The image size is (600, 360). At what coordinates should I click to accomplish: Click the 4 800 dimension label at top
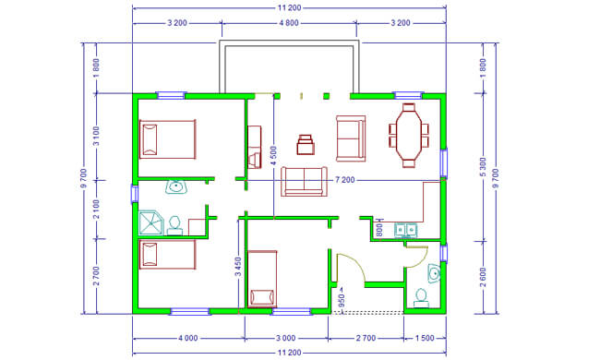point(289,23)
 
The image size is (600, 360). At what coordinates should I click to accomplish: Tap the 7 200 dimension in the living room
point(345,180)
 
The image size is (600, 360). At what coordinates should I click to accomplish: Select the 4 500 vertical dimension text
point(273,156)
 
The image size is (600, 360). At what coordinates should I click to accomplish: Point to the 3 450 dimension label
point(238,267)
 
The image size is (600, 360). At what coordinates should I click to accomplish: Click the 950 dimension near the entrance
point(342,300)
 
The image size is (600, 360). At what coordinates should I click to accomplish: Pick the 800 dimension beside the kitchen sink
point(379,230)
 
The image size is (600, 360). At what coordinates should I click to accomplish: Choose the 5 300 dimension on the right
point(483,167)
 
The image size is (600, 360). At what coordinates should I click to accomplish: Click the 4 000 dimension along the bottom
point(188,338)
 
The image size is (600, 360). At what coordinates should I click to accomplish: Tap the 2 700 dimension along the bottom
point(366,338)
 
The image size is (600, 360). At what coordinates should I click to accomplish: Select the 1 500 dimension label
point(425,338)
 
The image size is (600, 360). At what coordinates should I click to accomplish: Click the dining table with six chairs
point(409,136)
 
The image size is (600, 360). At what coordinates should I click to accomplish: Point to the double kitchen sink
point(405,230)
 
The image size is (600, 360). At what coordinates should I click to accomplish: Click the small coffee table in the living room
point(306,145)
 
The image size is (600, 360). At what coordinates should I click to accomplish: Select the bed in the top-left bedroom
point(168,139)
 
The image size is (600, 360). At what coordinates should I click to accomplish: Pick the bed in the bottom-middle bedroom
point(262,279)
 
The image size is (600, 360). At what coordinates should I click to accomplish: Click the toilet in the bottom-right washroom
point(421,298)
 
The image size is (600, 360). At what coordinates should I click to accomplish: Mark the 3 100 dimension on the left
point(96,137)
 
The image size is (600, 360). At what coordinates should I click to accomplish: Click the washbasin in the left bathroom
point(176,187)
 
